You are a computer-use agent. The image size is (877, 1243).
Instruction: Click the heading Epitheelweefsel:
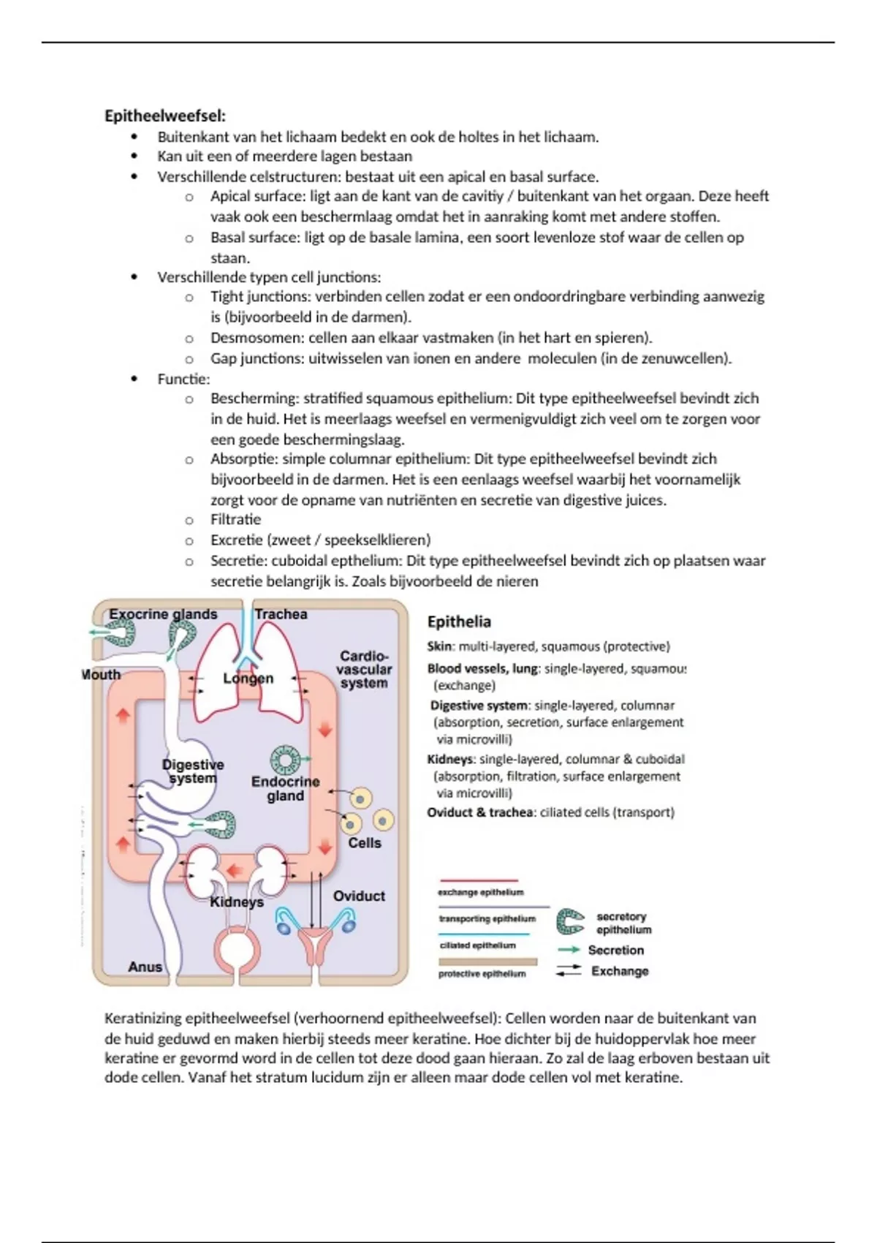click(x=165, y=116)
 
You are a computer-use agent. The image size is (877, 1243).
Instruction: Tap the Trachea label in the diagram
click(x=281, y=614)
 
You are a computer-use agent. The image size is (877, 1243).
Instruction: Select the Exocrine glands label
click(x=163, y=614)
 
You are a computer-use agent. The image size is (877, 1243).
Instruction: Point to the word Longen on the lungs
click(x=248, y=679)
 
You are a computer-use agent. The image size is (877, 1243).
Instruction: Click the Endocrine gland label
click(x=285, y=789)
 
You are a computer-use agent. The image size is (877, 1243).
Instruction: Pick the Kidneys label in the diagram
click(x=236, y=902)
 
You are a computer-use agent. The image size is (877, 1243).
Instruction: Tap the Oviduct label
click(x=359, y=896)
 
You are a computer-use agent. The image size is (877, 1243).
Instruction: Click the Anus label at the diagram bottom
click(x=145, y=967)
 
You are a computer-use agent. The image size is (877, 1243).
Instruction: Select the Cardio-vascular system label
click(x=364, y=669)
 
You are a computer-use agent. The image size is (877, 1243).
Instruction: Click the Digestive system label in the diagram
click(x=193, y=771)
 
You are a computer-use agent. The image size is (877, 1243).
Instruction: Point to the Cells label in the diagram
click(x=364, y=842)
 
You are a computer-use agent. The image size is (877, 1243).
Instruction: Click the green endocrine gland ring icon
click(x=284, y=760)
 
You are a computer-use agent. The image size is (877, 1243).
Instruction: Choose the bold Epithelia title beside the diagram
click(x=459, y=622)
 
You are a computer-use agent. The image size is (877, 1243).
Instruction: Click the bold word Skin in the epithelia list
click(x=441, y=646)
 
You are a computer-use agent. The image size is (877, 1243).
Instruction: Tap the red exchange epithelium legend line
click(x=478, y=881)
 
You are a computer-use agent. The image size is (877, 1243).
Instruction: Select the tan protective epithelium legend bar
click(x=487, y=962)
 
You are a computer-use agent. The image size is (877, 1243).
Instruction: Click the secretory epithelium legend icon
click(x=570, y=922)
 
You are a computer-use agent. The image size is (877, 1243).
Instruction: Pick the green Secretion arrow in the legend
click(x=569, y=950)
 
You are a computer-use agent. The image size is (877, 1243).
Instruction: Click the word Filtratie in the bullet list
click(x=235, y=520)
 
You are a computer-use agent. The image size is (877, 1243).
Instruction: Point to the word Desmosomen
click(x=257, y=338)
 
